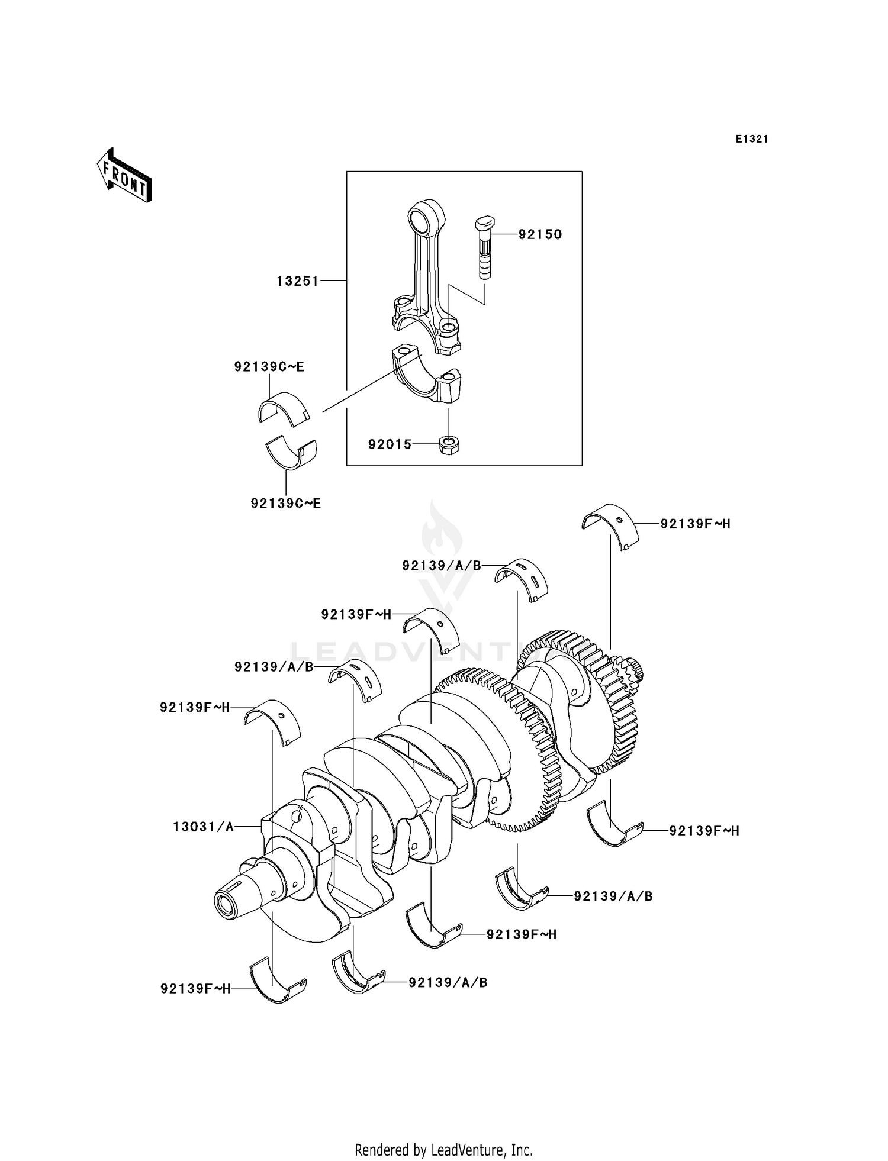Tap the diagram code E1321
752,139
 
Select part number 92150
540,234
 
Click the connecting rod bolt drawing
484,249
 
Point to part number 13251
298,281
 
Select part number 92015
390,444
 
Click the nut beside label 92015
450,444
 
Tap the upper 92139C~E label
269,367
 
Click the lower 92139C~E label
285,504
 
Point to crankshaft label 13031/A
203,827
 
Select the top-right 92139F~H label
695,524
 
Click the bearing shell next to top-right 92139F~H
610,525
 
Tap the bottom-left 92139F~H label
195,988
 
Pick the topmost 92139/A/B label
441,566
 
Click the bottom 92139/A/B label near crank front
448,982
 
